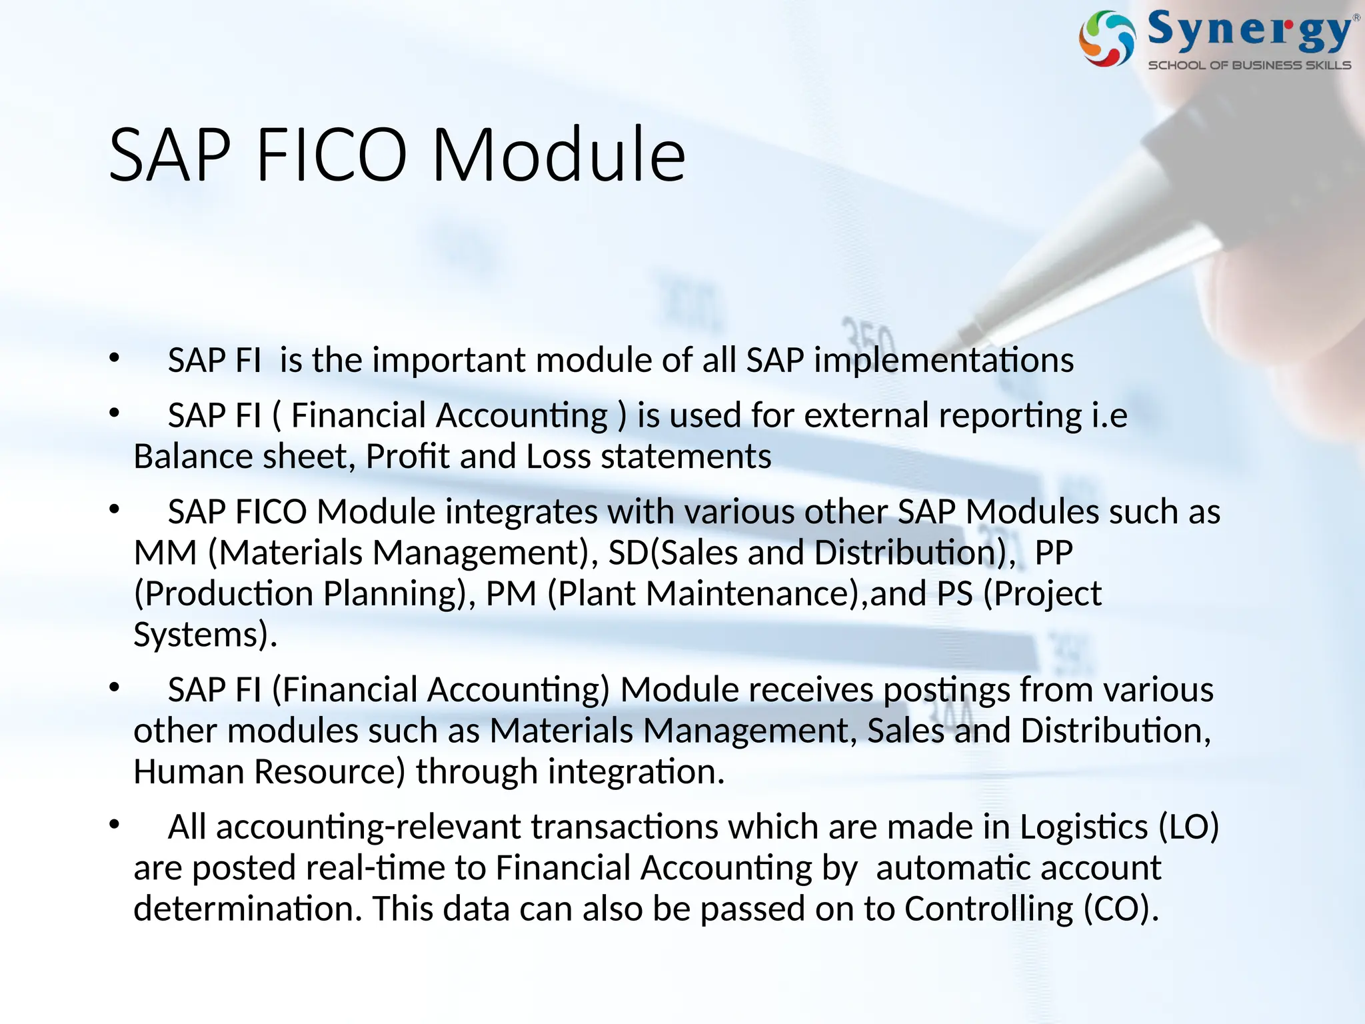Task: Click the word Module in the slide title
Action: pos(559,155)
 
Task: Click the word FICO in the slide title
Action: pos(331,155)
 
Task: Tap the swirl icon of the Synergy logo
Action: pos(1106,39)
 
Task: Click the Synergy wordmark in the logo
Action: pos(1249,31)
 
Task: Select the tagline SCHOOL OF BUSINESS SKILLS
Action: pos(1249,65)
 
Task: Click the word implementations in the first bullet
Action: pos(943,361)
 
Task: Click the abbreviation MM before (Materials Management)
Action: pos(165,553)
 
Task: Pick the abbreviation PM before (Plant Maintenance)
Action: pos(511,594)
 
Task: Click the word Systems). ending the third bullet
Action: pos(205,635)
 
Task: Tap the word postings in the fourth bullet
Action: pos(946,691)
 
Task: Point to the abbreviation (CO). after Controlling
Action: pos(1121,909)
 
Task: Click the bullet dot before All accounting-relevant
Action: pos(115,825)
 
